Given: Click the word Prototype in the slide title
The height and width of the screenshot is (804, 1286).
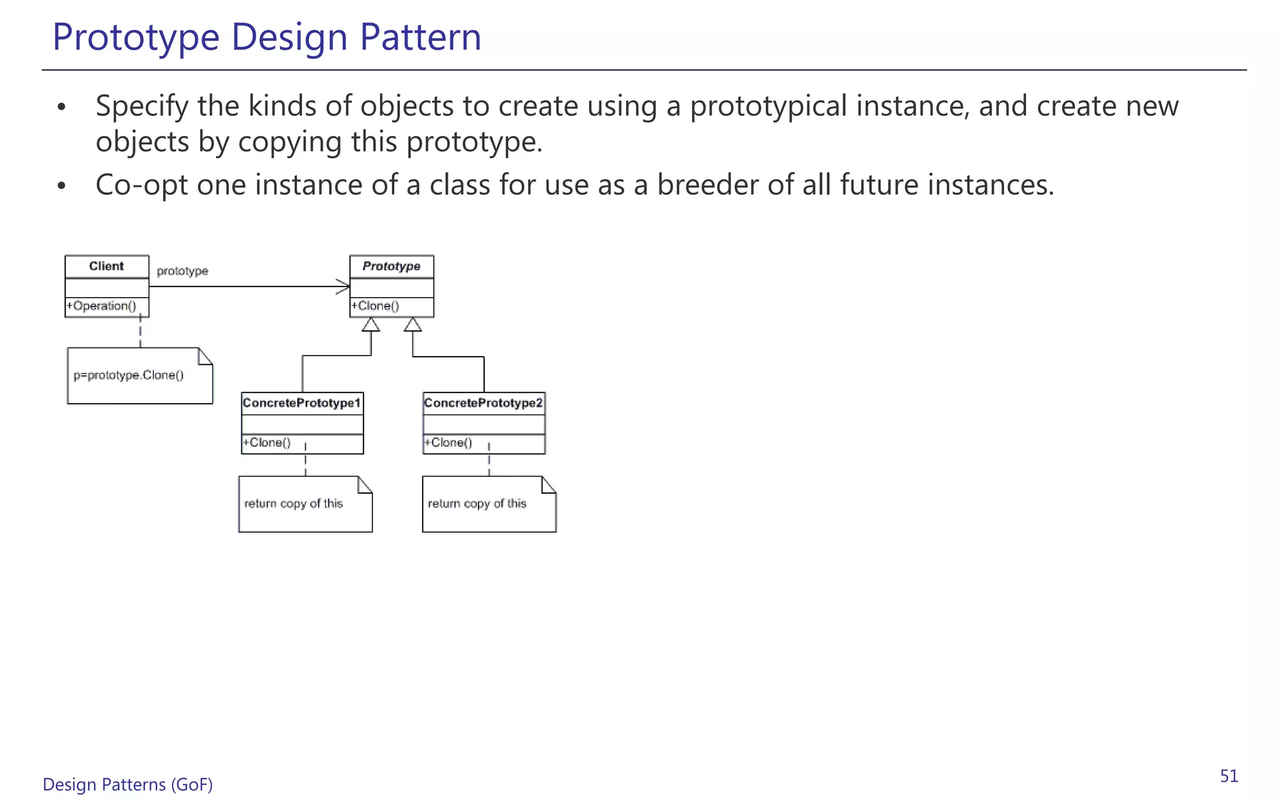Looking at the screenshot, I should click(x=136, y=37).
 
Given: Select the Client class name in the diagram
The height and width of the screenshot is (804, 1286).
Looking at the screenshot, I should click(x=107, y=266).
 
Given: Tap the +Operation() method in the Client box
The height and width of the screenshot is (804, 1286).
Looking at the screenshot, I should click(x=102, y=306).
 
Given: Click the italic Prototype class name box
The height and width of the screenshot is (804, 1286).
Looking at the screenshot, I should click(x=391, y=266).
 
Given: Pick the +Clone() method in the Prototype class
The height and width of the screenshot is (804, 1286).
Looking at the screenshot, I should click(x=376, y=306).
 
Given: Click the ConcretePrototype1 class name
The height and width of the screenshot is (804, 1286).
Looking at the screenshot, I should click(x=302, y=403).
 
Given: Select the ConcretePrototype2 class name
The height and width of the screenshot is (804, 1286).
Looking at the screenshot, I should click(x=484, y=403).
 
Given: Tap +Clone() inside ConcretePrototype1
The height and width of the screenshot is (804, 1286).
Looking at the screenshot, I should click(x=267, y=443).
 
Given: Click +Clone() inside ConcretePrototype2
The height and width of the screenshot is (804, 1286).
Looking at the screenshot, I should click(x=449, y=443).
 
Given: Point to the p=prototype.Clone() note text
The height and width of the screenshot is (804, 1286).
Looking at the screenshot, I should click(x=129, y=376).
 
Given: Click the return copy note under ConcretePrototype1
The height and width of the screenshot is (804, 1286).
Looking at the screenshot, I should click(x=293, y=504).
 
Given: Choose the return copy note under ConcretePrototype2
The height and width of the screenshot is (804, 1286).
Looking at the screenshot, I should click(x=477, y=504).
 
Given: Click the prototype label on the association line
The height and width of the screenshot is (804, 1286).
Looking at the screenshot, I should click(x=182, y=271).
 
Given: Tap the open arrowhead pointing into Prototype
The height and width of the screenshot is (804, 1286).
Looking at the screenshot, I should click(x=343, y=287).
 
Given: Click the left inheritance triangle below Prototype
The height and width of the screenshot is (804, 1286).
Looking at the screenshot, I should click(x=371, y=325).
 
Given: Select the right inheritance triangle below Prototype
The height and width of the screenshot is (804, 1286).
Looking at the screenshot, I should click(x=413, y=325).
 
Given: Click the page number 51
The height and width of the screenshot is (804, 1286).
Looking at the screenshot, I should click(x=1229, y=776).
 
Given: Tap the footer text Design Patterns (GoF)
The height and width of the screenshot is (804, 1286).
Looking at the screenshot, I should click(x=127, y=785).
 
